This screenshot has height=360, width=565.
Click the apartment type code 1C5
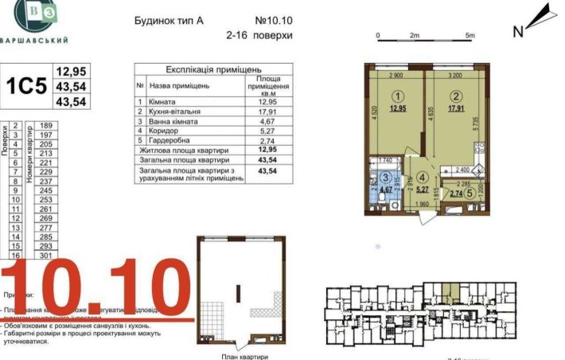point(26,87)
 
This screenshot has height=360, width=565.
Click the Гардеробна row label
point(173,139)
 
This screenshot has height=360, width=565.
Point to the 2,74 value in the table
point(268,139)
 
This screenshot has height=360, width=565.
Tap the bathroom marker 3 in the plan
point(385,178)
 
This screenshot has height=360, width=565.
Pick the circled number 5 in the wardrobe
point(470,193)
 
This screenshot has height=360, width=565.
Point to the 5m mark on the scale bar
point(470,36)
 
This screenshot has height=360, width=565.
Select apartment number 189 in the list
point(45,126)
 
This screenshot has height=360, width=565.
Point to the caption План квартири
point(244,356)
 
